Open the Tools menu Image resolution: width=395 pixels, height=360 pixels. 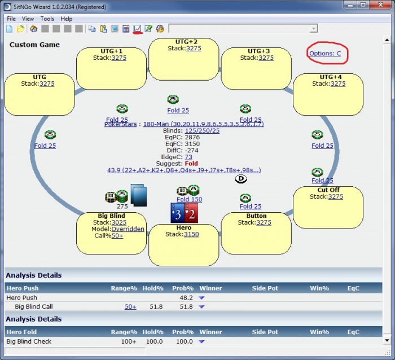[x=47, y=19]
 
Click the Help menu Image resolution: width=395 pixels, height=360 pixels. [x=67, y=19]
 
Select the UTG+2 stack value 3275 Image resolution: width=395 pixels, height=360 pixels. [x=194, y=49]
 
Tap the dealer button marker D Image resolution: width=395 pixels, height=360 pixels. [x=240, y=178]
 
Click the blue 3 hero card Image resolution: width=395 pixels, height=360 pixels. [x=178, y=213]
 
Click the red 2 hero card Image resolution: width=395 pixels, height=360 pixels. [x=191, y=213]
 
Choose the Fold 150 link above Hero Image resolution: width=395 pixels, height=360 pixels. [x=189, y=199]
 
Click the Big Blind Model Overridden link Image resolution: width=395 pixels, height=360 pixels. [x=128, y=229]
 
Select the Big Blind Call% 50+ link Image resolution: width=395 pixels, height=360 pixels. [x=117, y=236]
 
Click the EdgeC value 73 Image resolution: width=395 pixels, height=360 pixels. [x=188, y=157]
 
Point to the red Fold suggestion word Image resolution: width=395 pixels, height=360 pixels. [x=191, y=164]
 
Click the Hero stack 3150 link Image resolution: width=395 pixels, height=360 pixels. [x=191, y=234]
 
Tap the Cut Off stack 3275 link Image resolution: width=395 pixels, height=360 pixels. [x=335, y=196]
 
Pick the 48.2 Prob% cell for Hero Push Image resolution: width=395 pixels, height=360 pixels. [x=186, y=297]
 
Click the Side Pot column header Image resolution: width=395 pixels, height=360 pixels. [x=265, y=288]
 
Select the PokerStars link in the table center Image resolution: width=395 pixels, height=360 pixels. [x=121, y=124]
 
